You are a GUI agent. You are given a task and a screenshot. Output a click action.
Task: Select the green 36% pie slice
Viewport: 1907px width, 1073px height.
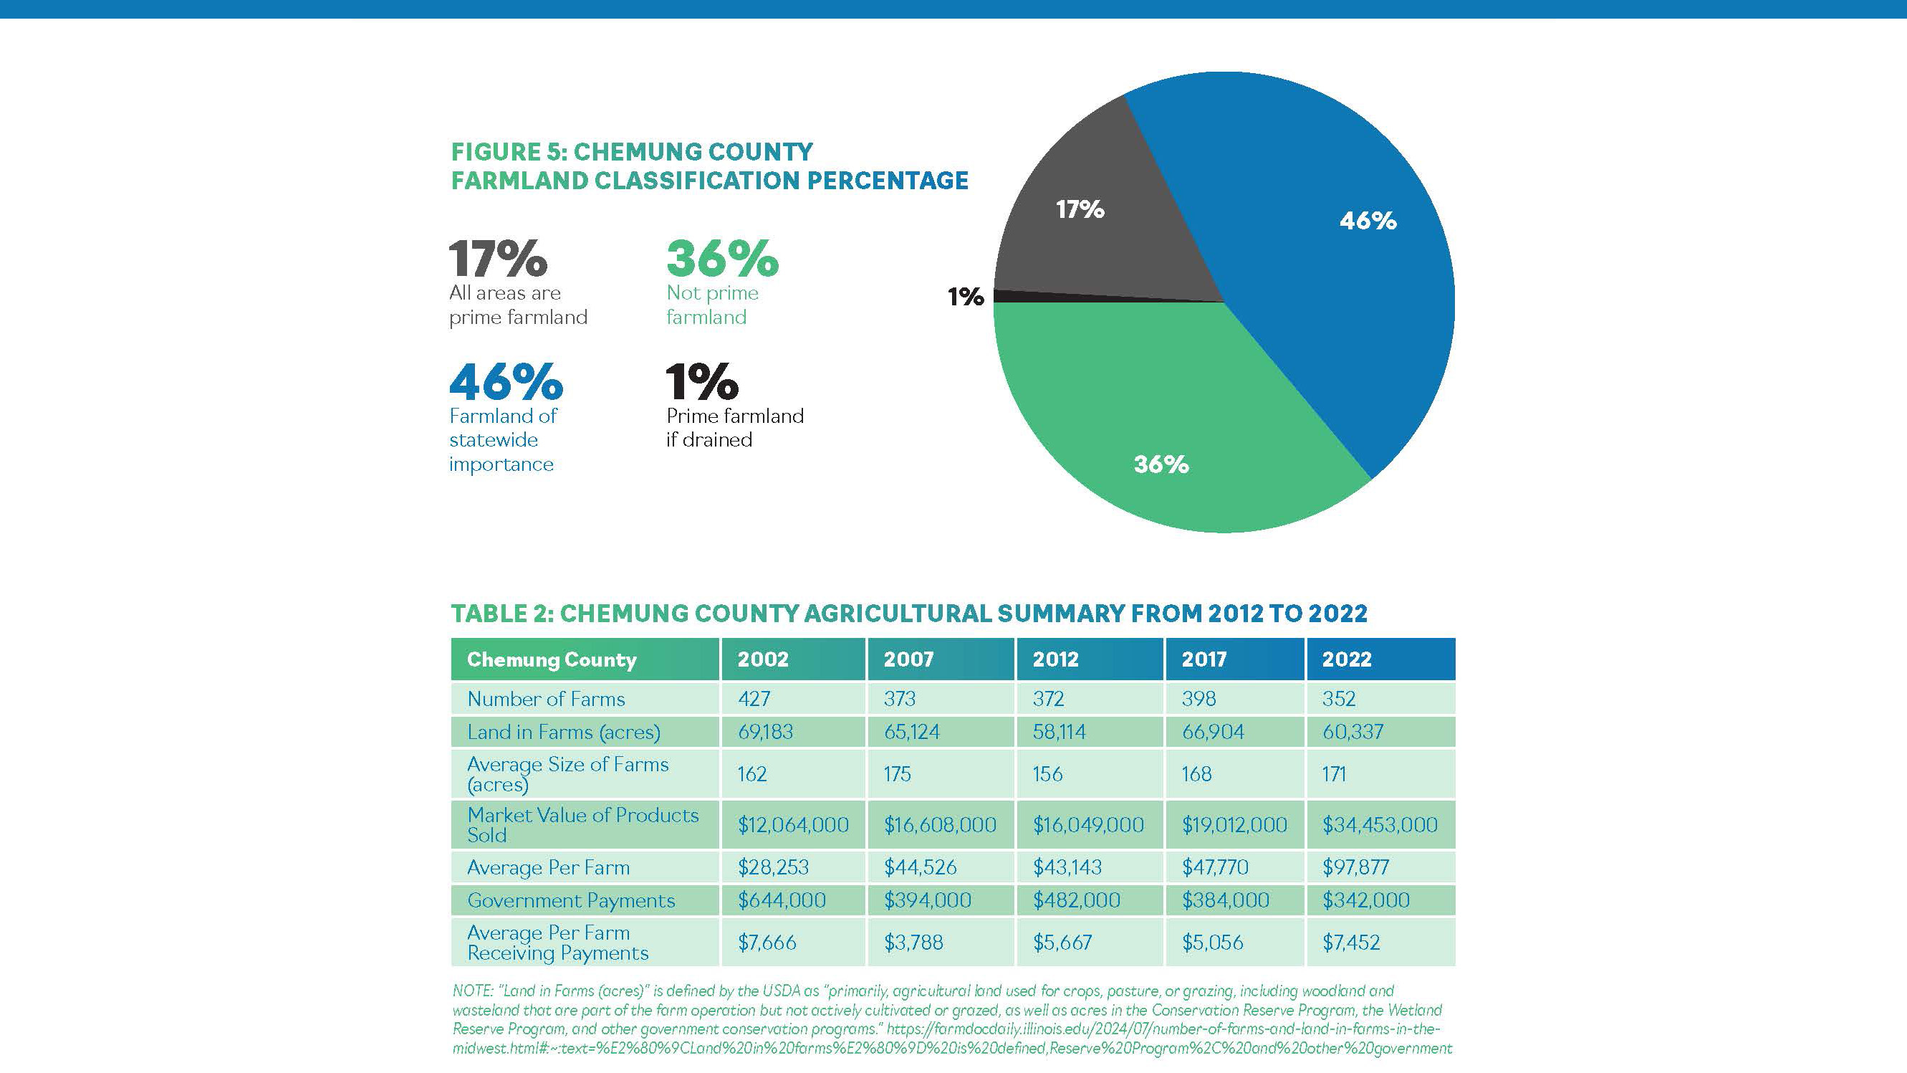click(x=1170, y=415)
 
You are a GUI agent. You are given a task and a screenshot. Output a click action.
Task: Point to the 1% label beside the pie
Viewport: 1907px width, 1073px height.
click(x=966, y=297)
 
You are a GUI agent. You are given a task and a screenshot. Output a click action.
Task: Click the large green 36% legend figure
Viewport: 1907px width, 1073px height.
click(x=723, y=259)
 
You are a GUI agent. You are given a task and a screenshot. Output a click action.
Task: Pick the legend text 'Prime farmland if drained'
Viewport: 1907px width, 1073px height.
click(x=734, y=427)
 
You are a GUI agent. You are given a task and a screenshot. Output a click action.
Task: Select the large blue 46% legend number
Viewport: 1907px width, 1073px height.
click(x=506, y=381)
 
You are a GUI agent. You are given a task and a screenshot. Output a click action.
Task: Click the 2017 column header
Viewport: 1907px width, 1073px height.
click(x=1204, y=659)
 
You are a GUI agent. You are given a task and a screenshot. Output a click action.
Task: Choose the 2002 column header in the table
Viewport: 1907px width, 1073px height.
click(x=762, y=659)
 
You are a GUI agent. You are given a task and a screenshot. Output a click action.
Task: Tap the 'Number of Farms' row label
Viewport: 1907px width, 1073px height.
click(x=546, y=699)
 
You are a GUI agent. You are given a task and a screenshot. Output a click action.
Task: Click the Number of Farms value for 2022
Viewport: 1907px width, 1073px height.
click(x=1338, y=699)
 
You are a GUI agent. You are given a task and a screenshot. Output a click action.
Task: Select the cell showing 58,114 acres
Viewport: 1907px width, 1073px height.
click(x=1059, y=733)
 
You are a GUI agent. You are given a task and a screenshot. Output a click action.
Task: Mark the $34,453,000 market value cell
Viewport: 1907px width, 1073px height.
click(x=1380, y=825)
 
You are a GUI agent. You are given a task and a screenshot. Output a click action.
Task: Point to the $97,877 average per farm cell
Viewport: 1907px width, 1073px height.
click(x=1355, y=867)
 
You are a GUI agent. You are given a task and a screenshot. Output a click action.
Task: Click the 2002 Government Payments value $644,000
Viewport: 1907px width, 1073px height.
click(x=781, y=900)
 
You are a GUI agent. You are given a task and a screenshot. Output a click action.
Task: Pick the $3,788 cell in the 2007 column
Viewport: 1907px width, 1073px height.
click(x=913, y=943)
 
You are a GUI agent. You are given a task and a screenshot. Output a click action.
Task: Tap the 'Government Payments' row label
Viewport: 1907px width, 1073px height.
click(x=571, y=900)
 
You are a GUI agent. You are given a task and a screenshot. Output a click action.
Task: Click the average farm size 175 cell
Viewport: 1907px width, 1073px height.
click(x=896, y=775)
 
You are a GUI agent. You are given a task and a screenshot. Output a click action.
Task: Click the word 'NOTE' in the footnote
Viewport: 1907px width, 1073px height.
click(x=471, y=991)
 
